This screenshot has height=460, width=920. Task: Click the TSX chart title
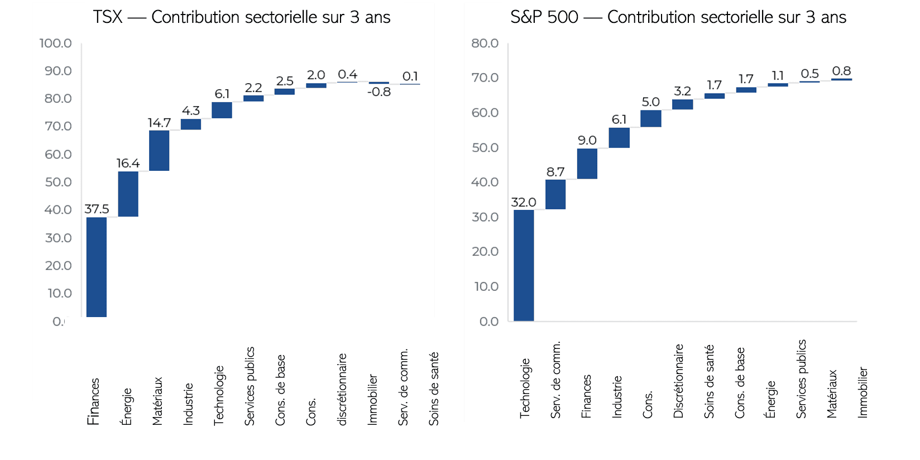click(x=242, y=17)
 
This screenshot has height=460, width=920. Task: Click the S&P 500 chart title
click(x=678, y=17)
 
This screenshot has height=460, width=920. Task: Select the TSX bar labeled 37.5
click(x=97, y=267)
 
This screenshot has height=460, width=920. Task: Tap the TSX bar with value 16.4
click(x=128, y=194)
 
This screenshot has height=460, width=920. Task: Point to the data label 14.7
click(x=159, y=123)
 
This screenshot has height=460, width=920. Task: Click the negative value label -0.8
click(x=378, y=92)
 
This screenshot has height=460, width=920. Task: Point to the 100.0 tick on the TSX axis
click(x=55, y=43)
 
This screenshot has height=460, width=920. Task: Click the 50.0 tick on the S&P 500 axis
click(x=485, y=147)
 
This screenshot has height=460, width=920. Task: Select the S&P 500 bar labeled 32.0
click(x=524, y=265)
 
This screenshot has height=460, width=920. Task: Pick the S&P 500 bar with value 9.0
click(x=587, y=164)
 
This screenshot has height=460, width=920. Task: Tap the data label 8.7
click(x=555, y=172)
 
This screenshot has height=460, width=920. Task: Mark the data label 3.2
click(x=682, y=91)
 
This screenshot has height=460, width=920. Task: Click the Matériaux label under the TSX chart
click(x=157, y=401)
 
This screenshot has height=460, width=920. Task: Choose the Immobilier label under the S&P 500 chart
click(x=862, y=392)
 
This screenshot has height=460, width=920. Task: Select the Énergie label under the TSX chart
click(x=127, y=406)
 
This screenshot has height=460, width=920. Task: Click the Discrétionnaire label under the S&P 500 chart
click(x=678, y=381)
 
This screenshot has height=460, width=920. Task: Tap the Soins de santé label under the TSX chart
click(x=434, y=389)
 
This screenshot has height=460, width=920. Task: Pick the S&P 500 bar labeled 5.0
click(x=650, y=118)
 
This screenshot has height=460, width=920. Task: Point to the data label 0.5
click(x=809, y=74)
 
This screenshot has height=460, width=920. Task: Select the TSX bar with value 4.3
click(x=190, y=124)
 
